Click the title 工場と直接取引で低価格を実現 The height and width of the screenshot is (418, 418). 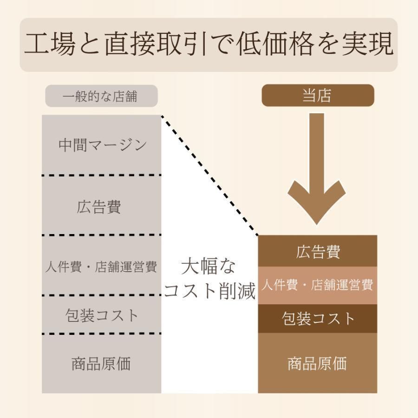pos(209,44)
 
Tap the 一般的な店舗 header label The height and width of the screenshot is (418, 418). pos(100,96)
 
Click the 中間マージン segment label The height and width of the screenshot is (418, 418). pos(102,145)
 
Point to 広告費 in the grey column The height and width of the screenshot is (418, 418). pos(99,207)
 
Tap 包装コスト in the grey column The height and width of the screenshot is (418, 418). pos(102,315)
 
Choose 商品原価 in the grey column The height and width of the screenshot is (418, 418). pos(101,364)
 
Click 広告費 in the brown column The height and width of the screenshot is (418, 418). pos(318,251)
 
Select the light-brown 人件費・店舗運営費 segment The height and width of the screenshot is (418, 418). pos(318,285)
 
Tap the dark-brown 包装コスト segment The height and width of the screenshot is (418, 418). pos(318,319)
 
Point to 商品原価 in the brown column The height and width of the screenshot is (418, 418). pos(317,363)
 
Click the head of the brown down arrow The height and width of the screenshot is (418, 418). pos(317,223)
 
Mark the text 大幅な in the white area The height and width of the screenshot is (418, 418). pos(209,266)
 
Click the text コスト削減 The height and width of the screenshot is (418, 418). pos(209,290)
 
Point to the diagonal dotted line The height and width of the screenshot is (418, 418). pos(210,176)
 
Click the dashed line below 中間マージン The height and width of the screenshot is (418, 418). pos(102,175)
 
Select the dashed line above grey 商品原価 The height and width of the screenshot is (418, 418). pos(102,333)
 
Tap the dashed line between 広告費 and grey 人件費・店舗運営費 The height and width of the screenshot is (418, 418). pos(102,235)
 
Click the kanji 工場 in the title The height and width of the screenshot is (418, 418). pos(50,44)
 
